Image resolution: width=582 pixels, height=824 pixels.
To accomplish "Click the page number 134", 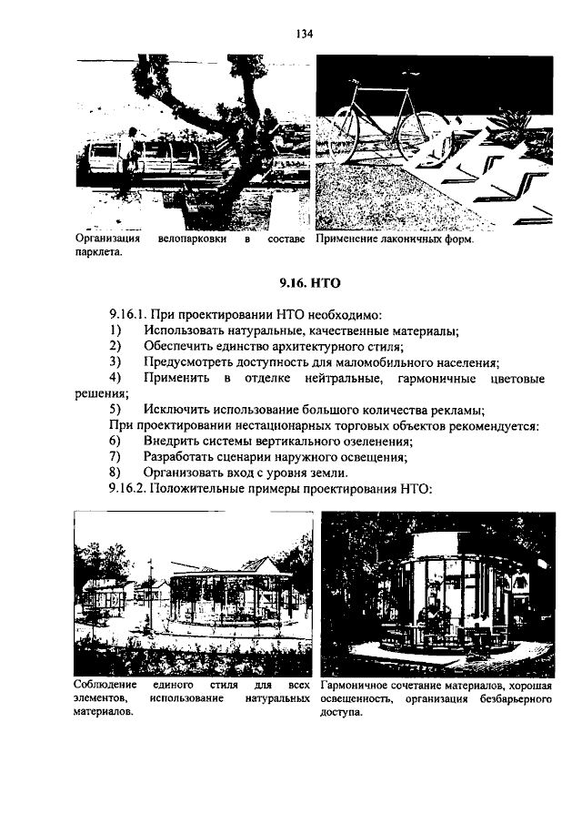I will [304, 35].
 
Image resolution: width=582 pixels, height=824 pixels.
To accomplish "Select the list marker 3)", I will [115, 361].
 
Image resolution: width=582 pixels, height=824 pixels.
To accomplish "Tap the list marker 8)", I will [115, 473].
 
